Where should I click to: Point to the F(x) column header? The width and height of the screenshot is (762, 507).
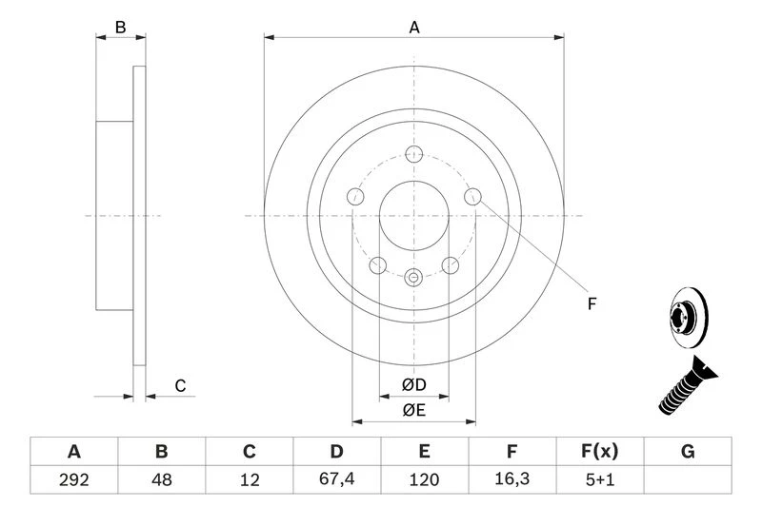(600, 451)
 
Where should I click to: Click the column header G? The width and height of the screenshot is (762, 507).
(688, 451)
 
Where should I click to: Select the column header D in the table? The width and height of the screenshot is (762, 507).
(337, 451)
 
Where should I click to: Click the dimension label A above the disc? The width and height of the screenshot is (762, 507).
(414, 28)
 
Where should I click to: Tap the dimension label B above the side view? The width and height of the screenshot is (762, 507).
(120, 28)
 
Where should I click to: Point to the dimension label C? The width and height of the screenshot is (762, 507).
(178, 386)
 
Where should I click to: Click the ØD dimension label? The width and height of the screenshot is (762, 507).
(413, 385)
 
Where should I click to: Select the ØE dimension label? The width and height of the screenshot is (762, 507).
(413, 410)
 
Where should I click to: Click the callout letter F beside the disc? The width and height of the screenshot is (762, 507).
(592, 303)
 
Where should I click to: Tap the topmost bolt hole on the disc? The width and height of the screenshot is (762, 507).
(414, 154)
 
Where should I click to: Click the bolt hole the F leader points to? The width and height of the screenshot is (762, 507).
(473, 197)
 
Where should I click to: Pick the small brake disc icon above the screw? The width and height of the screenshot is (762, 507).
(683, 316)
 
